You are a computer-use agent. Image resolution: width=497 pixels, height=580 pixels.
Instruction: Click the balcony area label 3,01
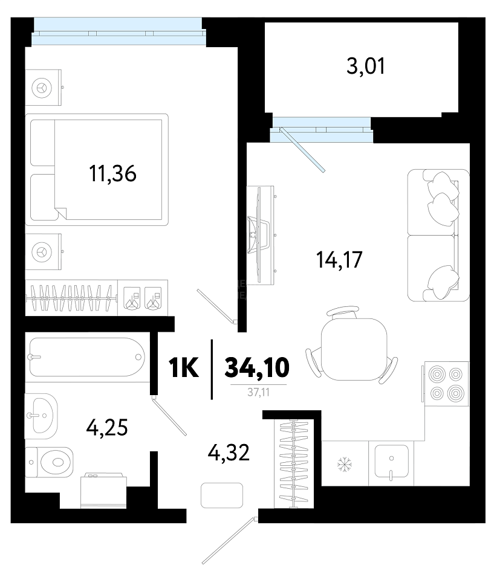[x=366, y=66]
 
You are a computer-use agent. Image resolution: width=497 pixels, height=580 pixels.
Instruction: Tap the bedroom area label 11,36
[x=112, y=173]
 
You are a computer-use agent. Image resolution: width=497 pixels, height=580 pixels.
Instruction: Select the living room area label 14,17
[x=339, y=259]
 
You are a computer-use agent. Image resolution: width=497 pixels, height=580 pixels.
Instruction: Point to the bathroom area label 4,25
[x=107, y=428]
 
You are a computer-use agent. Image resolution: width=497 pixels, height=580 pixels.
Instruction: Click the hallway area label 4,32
[x=229, y=453]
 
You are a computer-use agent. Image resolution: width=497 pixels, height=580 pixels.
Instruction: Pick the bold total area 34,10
[x=257, y=368]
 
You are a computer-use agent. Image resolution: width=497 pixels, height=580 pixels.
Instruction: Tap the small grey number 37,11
[x=258, y=392]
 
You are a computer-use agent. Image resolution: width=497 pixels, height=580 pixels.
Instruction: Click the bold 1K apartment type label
[x=184, y=368]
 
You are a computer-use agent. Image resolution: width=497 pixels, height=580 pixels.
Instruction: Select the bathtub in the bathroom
[x=87, y=357]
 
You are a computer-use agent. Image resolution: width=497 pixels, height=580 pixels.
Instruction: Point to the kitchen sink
[x=391, y=461]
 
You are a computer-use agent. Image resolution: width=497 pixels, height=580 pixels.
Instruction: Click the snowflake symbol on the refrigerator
[x=345, y=464]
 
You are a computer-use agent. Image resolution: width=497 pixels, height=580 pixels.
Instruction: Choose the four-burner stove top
[x=446, y=384]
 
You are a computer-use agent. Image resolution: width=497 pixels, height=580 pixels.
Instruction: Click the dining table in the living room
[x=354, y=349]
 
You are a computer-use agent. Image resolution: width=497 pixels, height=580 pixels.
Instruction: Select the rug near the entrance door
[x=222, y=495]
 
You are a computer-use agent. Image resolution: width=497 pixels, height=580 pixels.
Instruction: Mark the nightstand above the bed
[x=44, y=88]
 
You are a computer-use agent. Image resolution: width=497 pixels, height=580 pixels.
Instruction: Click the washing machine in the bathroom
[x=103, y=490]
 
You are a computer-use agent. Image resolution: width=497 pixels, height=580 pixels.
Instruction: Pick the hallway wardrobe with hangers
[x=294, y=464]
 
